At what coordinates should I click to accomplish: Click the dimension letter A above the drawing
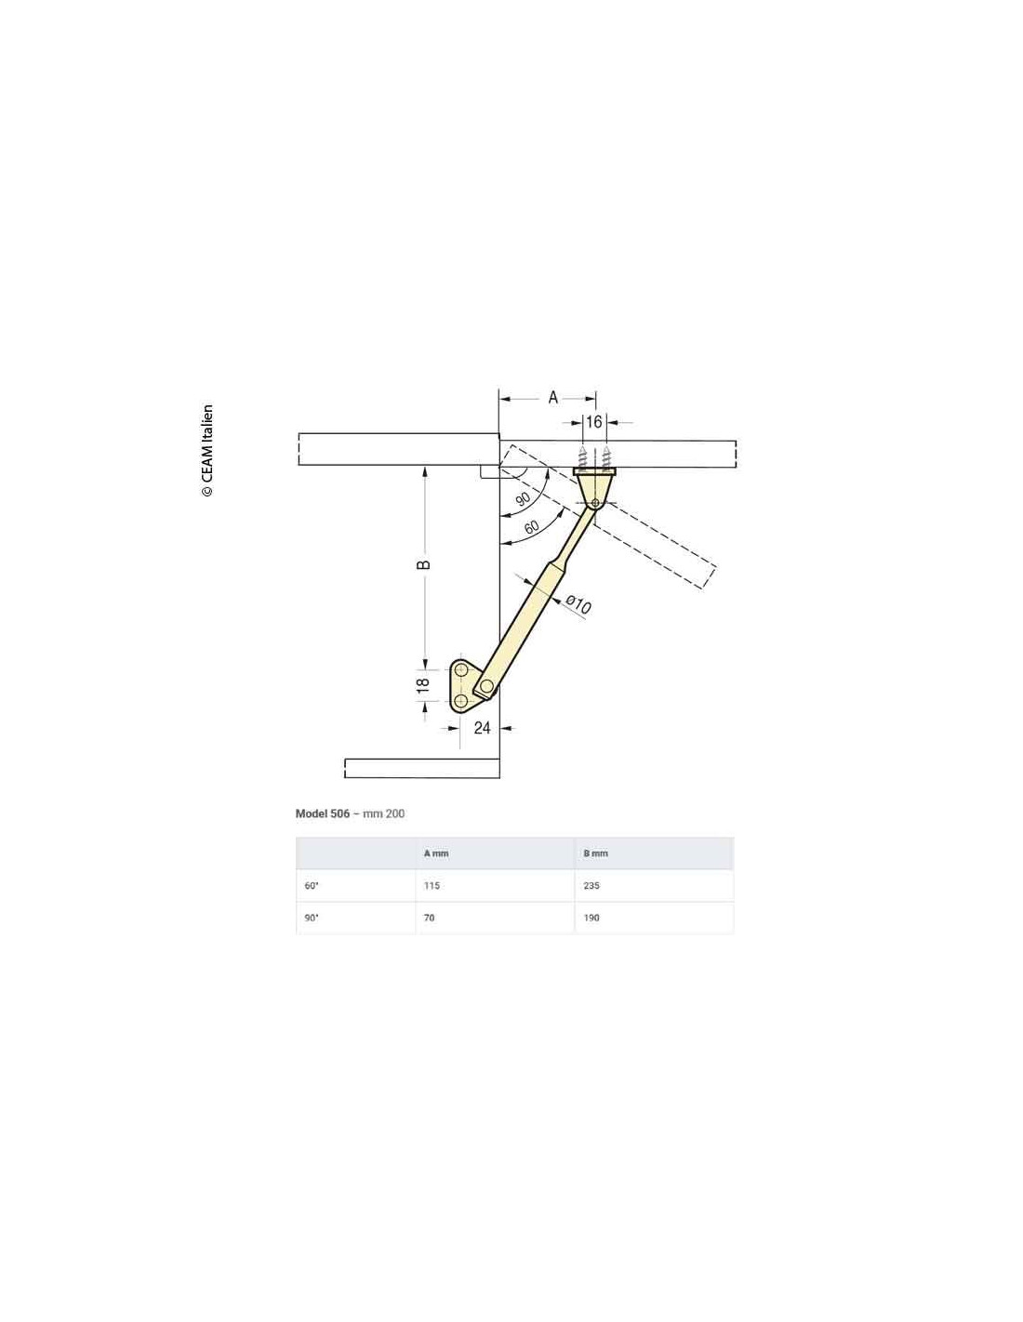(552, 398)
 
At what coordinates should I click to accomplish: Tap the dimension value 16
(593, 421)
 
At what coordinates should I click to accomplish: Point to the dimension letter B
(423, 564)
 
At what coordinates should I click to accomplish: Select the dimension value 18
(423, 685)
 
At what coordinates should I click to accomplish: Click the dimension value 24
(482, 728)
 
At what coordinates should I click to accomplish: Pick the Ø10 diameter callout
(578, 604)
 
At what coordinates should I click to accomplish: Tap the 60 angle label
(531, 527)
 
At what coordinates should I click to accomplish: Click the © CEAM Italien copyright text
(207, 451)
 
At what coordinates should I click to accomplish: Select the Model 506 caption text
(323, 814)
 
